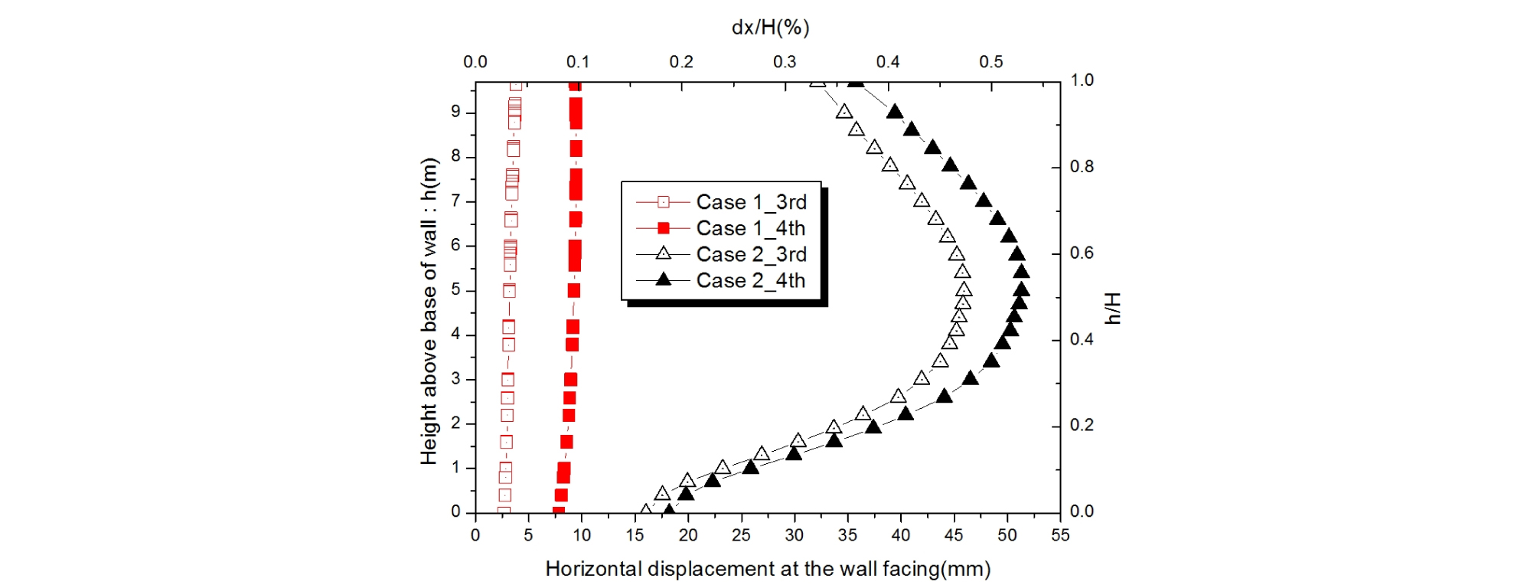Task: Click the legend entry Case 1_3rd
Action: click(751, 202)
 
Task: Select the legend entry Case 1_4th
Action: click(750, 228)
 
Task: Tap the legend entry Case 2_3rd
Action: click(751, 254)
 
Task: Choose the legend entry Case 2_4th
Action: click(750, 280)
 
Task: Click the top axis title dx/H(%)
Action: click(770, 28)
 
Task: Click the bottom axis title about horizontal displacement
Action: click(768, 569)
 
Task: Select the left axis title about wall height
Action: click(429, 311)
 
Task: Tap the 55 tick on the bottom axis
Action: click(1060, 535)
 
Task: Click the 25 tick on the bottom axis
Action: click(741, 535)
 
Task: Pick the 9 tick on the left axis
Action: click(456, 112)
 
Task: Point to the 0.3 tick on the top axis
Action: click(785, 62)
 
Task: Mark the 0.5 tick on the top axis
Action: click(990, 62)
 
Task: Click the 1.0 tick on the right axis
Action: click(1082, 80)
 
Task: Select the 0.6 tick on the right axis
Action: click(1082, 253)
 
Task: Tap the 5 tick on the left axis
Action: click(456, 290)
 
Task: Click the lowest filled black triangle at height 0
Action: click(669, 510)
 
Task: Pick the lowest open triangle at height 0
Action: click(646, 510)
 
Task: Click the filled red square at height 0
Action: click(558, 511)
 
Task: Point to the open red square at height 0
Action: click(503, 511)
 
